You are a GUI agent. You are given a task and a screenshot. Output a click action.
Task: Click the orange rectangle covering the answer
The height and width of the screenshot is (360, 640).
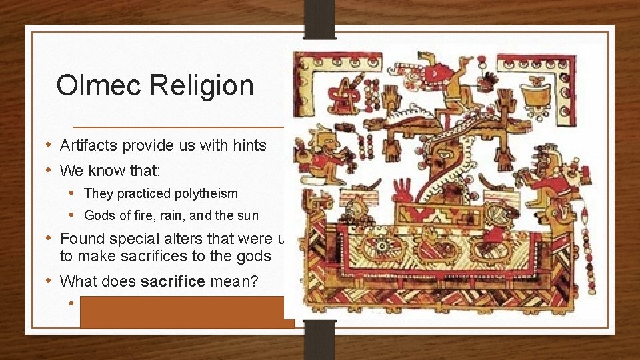pos(187,312)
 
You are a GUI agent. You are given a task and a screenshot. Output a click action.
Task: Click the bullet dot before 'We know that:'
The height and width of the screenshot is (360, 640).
pos(50,171)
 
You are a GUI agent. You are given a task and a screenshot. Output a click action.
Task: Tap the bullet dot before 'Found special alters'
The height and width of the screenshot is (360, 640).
pos(50,238)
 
